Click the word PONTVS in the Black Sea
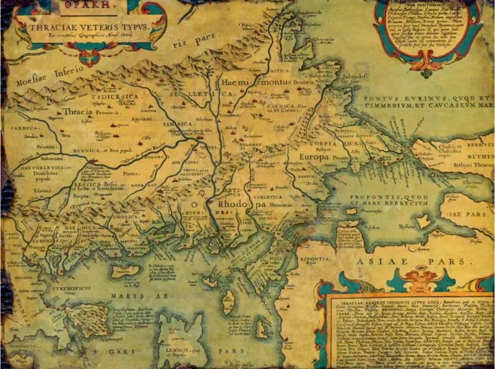383,98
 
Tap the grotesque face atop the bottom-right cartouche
410,275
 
